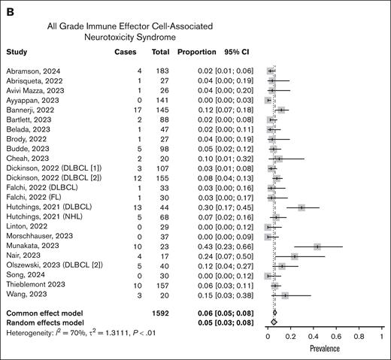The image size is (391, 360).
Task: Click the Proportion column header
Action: coord(196,53)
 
